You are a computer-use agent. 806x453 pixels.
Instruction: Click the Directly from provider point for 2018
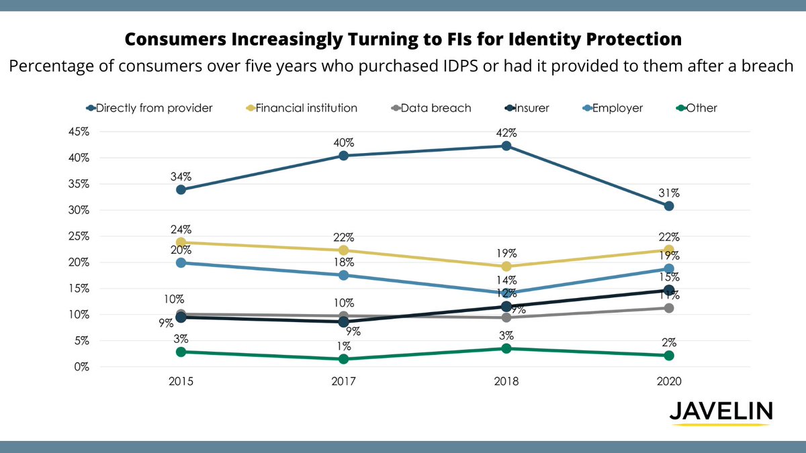(x=506, y=146)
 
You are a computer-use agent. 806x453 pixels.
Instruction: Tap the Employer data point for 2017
(x=343, y=275)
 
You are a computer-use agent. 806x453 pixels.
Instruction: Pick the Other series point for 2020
(x=668, y=355)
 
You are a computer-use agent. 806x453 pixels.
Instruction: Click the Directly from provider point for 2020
(x=668, y=206)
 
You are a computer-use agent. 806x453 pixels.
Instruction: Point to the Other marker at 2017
(x=343, y=359)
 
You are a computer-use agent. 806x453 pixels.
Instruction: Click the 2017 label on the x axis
(x=343, y=381)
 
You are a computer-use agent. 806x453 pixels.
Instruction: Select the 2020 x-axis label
(x=668, y=381)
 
